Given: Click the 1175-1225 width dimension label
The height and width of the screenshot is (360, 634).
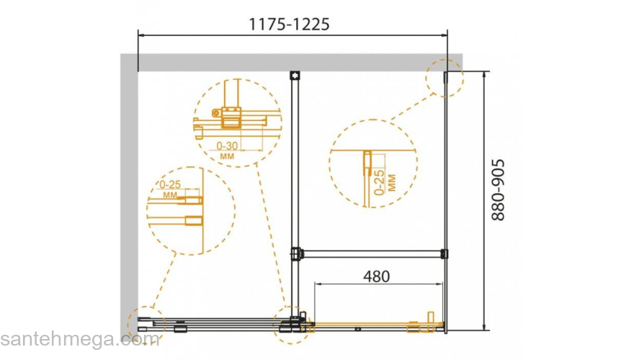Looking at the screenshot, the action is [289, 24].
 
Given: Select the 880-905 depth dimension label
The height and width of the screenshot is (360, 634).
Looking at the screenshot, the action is [498, 190].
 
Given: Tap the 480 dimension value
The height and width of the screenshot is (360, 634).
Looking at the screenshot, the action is [376, 276].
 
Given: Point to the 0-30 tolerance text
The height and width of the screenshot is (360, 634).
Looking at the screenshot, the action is [227, 145].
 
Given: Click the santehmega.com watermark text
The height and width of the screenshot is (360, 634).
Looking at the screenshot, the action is [80, 339].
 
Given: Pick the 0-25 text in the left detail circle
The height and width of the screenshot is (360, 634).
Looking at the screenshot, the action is [170, 184].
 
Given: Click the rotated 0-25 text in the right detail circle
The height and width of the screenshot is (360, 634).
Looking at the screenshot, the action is [379, 182].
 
